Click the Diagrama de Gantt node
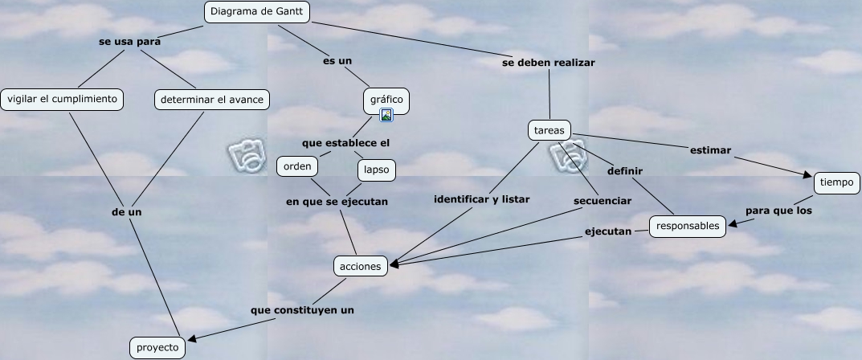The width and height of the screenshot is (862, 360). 257,12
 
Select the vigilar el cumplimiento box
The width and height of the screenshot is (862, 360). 62,100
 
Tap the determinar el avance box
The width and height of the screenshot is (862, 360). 211,100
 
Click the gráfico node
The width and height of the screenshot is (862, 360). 386,100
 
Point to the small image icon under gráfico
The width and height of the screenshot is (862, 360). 386,115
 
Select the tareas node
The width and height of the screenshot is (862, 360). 549,130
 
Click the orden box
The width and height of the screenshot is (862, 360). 296,166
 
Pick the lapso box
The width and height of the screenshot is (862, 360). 376,170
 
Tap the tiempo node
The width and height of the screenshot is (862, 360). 837,183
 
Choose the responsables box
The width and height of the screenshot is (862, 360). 688,227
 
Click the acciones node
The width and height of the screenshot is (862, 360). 360,266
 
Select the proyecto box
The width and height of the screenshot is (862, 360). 157,347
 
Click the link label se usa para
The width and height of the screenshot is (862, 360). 129,42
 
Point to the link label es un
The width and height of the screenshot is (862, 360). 337,60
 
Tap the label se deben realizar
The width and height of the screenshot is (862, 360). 549,62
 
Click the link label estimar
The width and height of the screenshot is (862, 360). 710,149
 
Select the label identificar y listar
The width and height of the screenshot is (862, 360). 481,199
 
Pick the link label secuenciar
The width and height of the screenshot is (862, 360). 603,200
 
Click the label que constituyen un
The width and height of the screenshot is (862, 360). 302,309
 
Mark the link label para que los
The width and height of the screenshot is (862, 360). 778,211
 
